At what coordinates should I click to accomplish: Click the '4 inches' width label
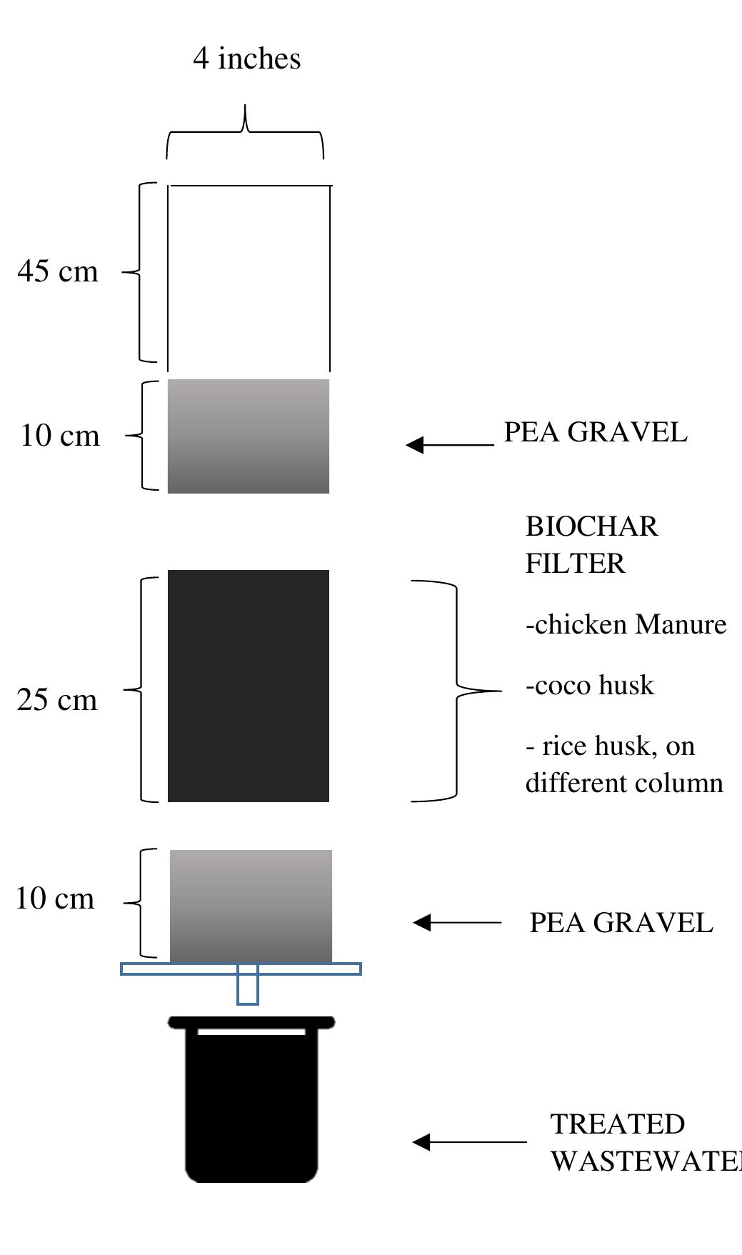pos(246,59)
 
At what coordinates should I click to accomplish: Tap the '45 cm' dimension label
pos(58,271)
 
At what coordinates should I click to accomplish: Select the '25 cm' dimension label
pos(57,700)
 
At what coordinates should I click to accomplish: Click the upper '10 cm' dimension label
pos(60,436)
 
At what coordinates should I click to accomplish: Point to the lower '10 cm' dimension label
pos(55,899)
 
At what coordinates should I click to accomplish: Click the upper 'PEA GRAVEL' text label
pos(595,433)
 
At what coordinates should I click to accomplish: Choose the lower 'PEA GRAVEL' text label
pos(621,923)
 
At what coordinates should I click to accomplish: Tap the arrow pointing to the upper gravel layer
pos(450,444)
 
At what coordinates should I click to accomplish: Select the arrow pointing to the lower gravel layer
pos(457,922)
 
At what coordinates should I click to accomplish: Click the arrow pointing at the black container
pos(468,1141)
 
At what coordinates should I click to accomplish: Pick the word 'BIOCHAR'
pos(591,527)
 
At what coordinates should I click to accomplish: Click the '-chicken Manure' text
pos(626,625)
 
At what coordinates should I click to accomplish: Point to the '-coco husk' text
pos(590,686)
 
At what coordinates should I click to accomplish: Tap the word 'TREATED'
pos(617,1124)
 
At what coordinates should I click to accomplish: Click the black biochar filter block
pos(249,686)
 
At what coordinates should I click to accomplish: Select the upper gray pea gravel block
pos(249,436)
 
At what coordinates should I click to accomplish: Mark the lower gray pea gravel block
pos(251,906)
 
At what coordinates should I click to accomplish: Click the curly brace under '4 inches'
pos(246,133)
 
